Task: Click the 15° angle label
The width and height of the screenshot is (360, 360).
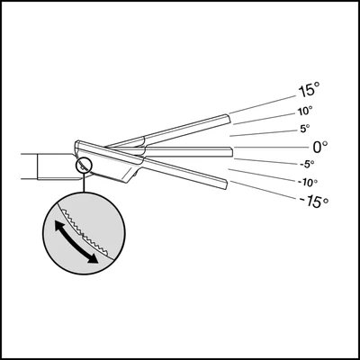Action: point(309,91)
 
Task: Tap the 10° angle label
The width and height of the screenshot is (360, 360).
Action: point(305,112)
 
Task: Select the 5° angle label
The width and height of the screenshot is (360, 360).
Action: point(305,129)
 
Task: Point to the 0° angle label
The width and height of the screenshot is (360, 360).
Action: point(320,147)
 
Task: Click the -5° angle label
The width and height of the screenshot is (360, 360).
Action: point(307,164)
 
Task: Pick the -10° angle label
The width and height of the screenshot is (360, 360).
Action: point(308,183)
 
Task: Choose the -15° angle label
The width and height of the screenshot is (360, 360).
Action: point(314,202)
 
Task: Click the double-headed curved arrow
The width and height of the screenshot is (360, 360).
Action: point(76,241)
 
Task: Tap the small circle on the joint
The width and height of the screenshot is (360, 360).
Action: point(85,166)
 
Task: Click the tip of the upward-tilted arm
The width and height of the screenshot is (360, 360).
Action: point(229,119)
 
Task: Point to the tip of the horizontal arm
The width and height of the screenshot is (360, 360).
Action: point(232,152)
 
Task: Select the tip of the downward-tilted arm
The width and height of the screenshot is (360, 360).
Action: point(225,185)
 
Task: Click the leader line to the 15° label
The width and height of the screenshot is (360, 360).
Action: point(263,104)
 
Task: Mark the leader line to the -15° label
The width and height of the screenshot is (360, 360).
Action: point(265,190)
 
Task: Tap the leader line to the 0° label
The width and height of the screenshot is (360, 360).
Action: point(272,147)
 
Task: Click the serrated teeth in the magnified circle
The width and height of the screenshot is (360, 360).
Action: point(85,234)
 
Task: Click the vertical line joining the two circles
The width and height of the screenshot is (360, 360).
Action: point(85,183)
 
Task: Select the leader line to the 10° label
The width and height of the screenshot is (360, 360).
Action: point(265,119)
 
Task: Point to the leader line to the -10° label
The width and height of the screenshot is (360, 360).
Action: point(262,175)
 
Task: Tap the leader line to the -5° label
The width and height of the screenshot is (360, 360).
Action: point(265,161)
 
